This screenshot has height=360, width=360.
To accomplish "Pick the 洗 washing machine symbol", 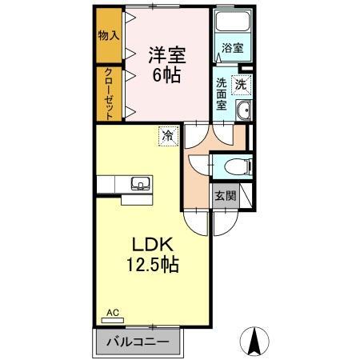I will [x=241, y=83].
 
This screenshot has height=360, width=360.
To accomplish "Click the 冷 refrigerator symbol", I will [x=168, y=136].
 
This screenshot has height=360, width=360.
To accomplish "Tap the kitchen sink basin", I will [x=138, y=183].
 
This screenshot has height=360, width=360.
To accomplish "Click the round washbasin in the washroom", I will [x=245, y=112].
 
